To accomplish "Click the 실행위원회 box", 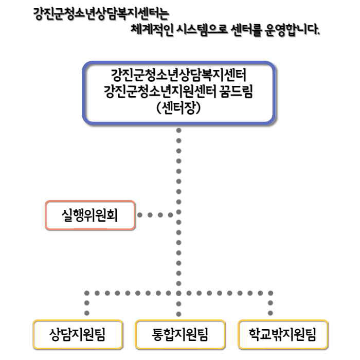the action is tap(90, 215).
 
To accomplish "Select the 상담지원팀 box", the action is tap(78, 334).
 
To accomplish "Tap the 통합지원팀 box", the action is tap(180, 334).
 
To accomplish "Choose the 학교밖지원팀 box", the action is tap(283, 334).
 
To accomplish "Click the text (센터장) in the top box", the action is tap(178, 107).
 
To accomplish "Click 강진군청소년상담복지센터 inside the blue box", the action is tap(178, 75).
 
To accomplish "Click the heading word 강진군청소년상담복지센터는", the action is tap(101, 14).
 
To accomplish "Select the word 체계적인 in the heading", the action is tap(152, 30).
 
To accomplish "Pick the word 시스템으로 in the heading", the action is tap(202, 30).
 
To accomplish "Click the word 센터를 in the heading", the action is tap(246, 30).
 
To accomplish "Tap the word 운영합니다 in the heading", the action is tap(292, 30).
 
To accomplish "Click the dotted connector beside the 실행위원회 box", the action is tap(155, 215).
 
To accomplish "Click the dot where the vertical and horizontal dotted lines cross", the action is tap(178, 293).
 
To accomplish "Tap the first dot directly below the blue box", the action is tap(178, 131).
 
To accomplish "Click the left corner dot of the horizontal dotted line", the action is tap(87, 293).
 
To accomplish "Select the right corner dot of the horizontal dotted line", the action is tap(271, 293).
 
